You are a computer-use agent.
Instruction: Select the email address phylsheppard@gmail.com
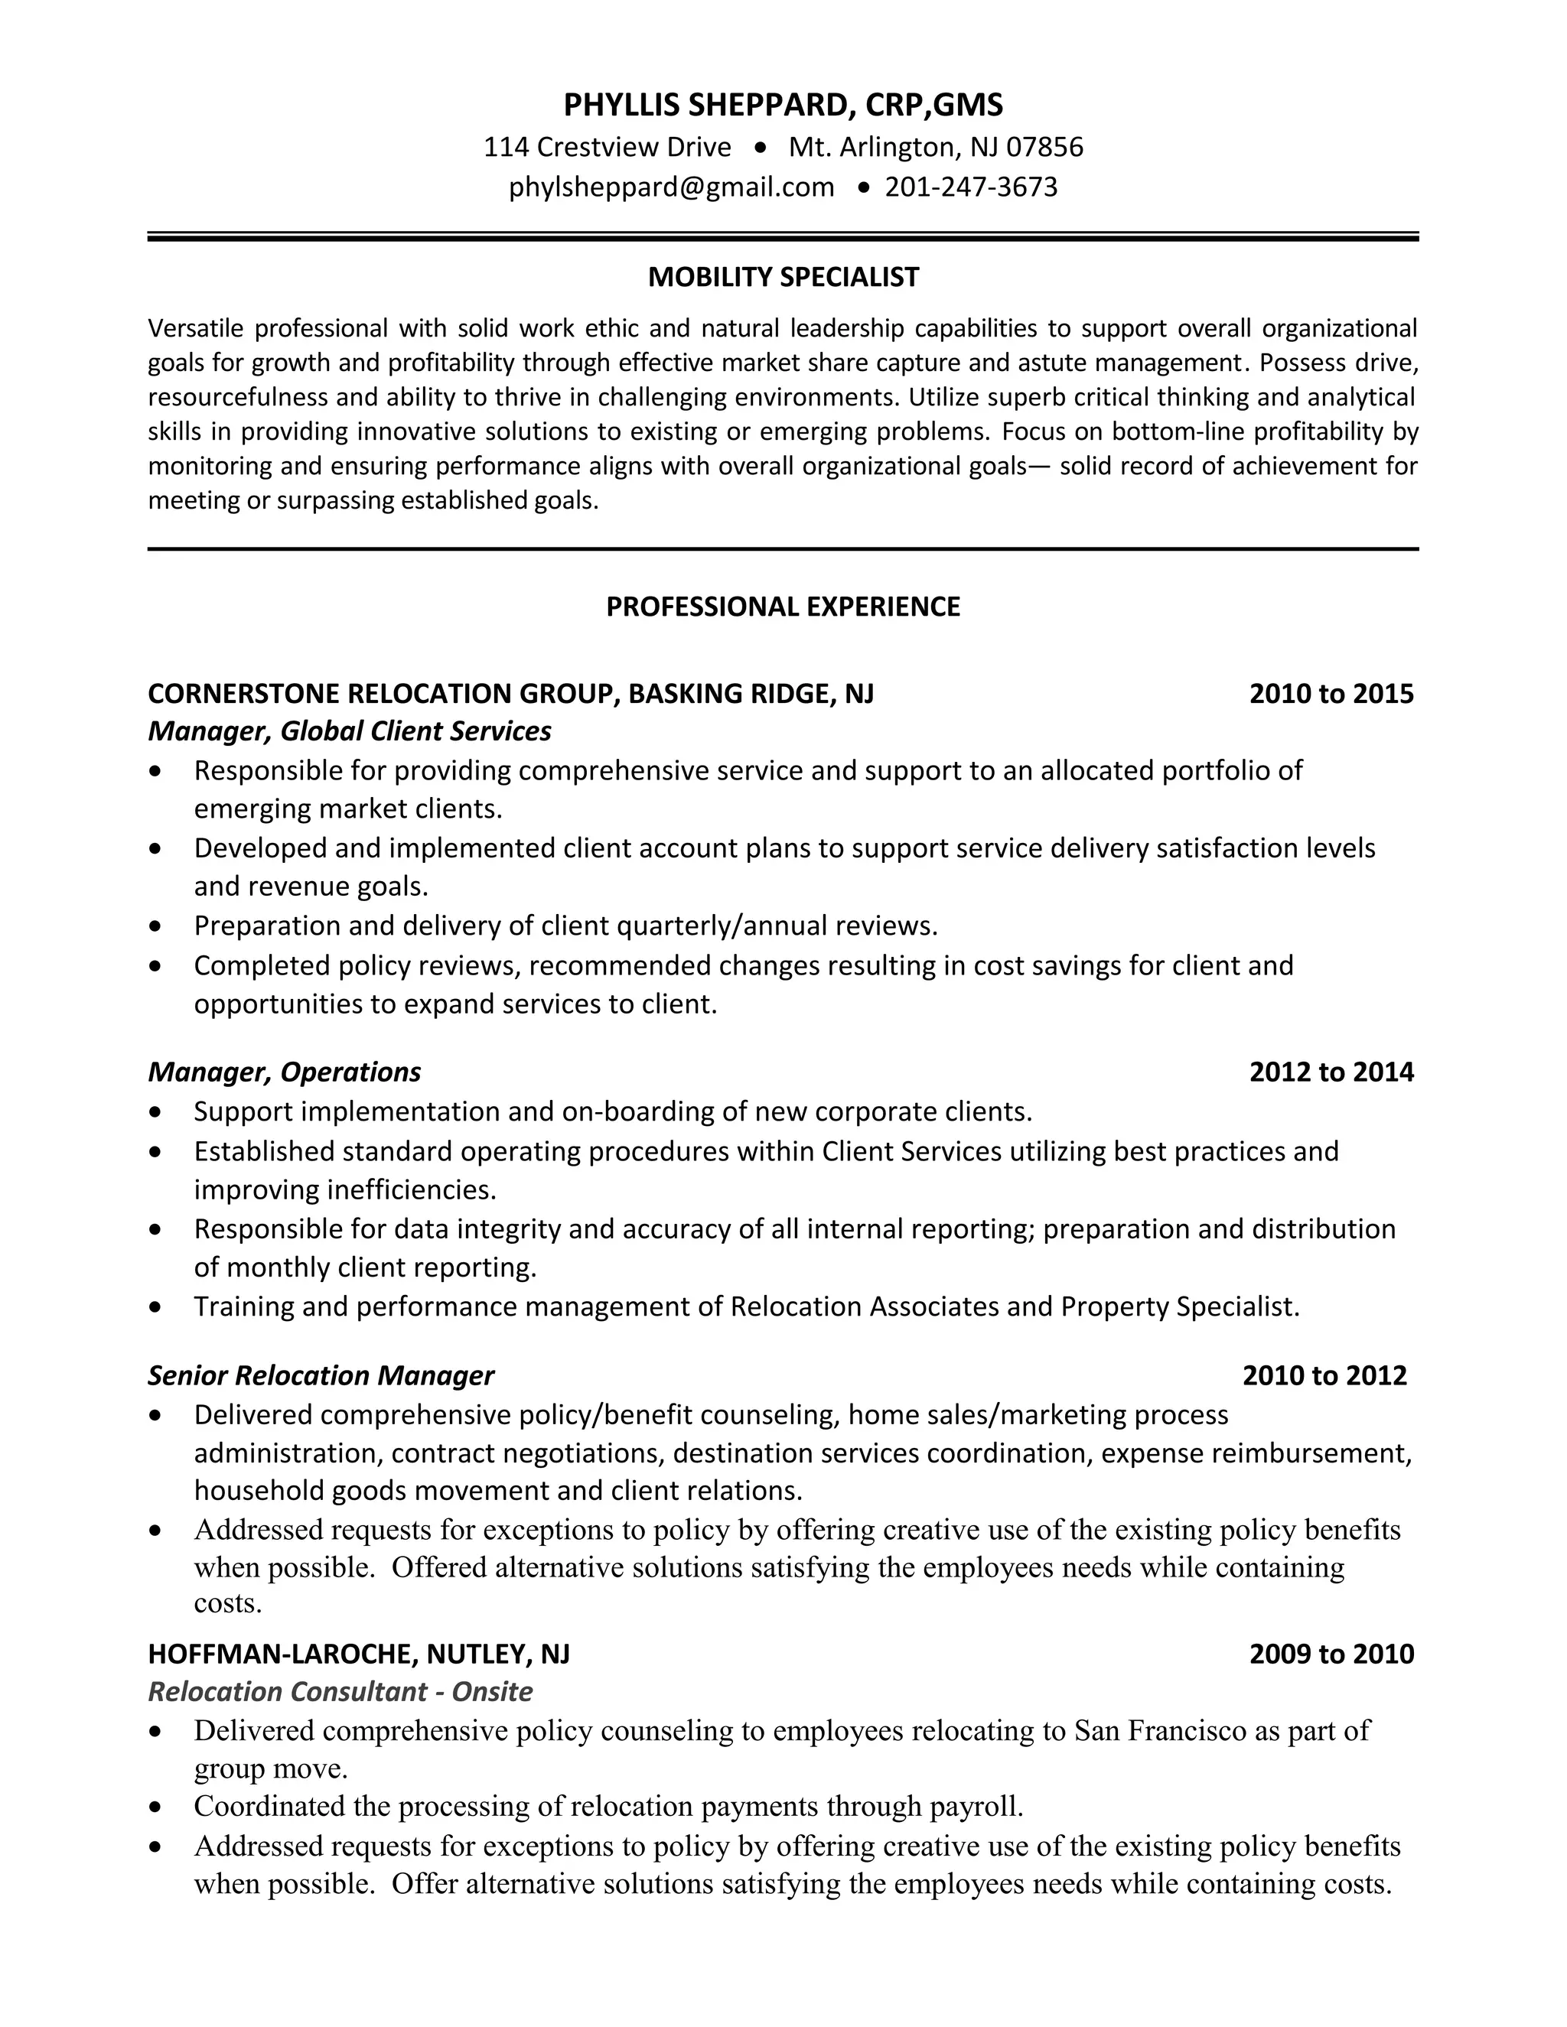click(671, 187)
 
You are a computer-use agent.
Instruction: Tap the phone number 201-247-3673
click(971, 187)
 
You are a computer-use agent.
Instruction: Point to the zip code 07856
click(1044, 148)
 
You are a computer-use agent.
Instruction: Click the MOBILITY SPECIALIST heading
click(783, 278)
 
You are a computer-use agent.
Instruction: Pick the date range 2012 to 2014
click(1331, 1072)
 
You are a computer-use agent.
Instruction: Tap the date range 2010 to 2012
click(1324, 1375)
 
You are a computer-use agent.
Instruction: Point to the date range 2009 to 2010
click(1331, 1654)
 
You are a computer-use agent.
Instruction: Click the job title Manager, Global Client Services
click(349, 732)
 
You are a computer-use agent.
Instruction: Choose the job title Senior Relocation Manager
click(321, 1375)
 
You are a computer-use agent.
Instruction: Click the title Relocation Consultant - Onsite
click(340, 1692)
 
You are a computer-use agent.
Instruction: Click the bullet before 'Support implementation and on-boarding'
click(155, 1112)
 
